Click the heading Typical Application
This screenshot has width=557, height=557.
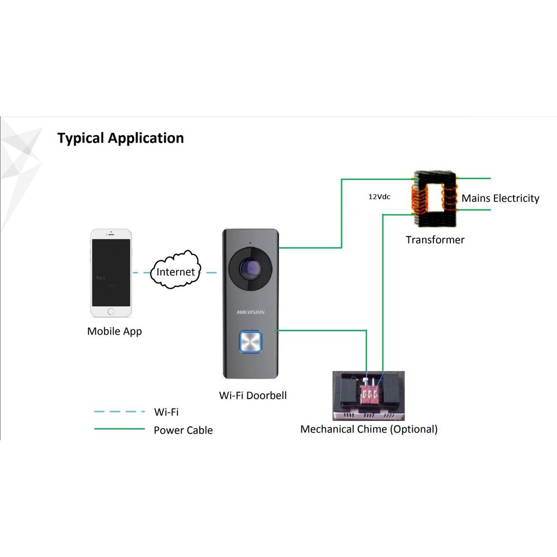(120, 138)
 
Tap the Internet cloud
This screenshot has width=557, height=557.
(175, 272)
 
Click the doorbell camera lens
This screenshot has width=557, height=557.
(250, 268)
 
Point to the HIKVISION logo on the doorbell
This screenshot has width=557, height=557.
(250, 312)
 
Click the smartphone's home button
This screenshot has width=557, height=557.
(111, 312)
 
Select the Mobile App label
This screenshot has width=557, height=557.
(114, 331)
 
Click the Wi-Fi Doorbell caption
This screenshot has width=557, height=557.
(252, 395)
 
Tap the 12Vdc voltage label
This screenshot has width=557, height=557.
(379, 197)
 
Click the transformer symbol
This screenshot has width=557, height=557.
(435, 199)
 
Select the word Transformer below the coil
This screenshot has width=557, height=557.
(435, 240)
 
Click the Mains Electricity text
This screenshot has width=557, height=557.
(500, 199)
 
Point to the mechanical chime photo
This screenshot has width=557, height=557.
(368, 395)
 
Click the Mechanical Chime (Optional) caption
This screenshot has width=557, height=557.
(369, 429)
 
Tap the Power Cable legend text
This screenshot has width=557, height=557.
(183, 430)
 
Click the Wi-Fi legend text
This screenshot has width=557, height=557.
(166, 412)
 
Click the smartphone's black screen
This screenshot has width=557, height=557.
(111, 272)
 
